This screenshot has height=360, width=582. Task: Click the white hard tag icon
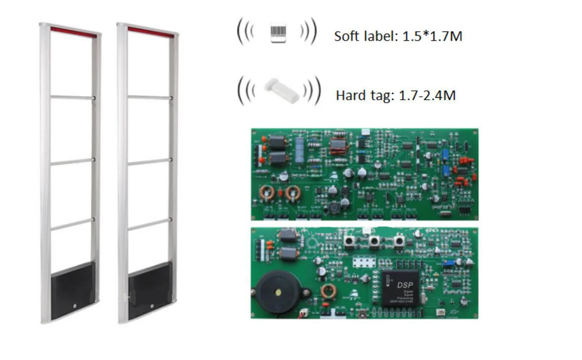point(279,91)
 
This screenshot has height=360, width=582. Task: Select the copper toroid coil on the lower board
point(328,291)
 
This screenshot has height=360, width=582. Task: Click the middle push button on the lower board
point(374,241)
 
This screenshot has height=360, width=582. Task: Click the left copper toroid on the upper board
point(268,192)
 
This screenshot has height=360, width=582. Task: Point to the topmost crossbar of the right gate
point(150,97)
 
